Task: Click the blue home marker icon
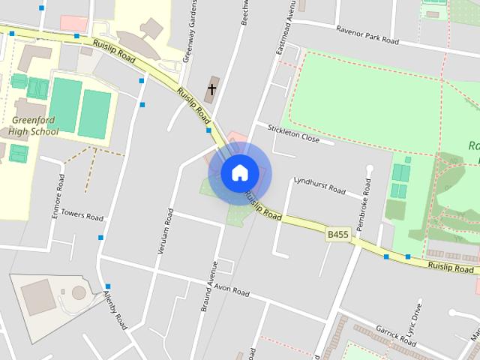click(x=239, y=172)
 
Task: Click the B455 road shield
click(x=337, y=235)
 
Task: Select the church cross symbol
click(x=211, y=89)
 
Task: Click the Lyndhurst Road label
click(x=319, y=184)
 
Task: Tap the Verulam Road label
click(x=167, y=230)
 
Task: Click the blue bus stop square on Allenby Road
click(x=108, y=286)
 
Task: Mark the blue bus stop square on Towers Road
click(x=100, y=238)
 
